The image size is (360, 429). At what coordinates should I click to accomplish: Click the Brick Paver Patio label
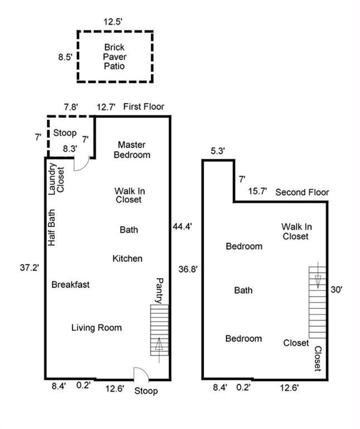(114, 56)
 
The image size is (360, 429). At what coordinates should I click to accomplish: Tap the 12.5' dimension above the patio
(113, 22)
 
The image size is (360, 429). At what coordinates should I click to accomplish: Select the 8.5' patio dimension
(65, 57)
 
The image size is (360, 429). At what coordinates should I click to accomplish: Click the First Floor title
(144, 107)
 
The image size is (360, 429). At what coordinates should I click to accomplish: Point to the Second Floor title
(302, 192)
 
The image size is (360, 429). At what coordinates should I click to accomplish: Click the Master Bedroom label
(132, 150)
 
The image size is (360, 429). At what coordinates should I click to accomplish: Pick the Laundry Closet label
(56, 179)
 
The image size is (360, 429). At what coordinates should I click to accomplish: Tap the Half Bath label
(52, 227)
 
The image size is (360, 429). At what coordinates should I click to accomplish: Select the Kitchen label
(127, 259)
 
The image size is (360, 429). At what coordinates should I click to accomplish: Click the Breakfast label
(70, 284)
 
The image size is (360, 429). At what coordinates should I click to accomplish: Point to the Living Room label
(97, 327)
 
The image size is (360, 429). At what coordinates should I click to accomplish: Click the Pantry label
(160, 290)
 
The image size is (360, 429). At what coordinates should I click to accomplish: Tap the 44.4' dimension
(183, 227)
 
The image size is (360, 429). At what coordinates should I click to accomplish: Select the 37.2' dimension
(30, 268)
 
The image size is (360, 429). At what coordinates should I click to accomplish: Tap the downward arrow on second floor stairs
(318, 275)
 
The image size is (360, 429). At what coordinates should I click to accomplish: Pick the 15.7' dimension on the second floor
(257, 191)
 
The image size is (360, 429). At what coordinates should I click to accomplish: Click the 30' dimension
(337, 289)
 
